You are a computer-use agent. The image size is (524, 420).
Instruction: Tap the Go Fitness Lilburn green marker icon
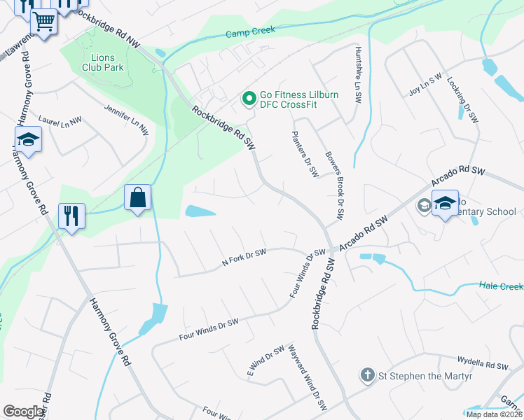click(x=248, y=99)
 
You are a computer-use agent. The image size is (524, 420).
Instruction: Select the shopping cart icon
click(x=43, y=22)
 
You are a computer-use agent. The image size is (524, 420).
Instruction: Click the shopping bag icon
click(x=138, y=198)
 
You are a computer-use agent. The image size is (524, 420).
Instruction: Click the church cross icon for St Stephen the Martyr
click(x=367, y=375)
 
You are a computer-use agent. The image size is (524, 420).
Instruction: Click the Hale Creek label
click(x=502, y=286)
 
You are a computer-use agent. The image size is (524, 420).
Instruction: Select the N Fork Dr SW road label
click(x=244, y=257)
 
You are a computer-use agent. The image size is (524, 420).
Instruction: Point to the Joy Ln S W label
click(x=425, y=85)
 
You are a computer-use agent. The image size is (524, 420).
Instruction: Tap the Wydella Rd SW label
click(x=483, y=365)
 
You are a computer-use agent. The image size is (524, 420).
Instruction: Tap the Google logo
click(x=25, y=412)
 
